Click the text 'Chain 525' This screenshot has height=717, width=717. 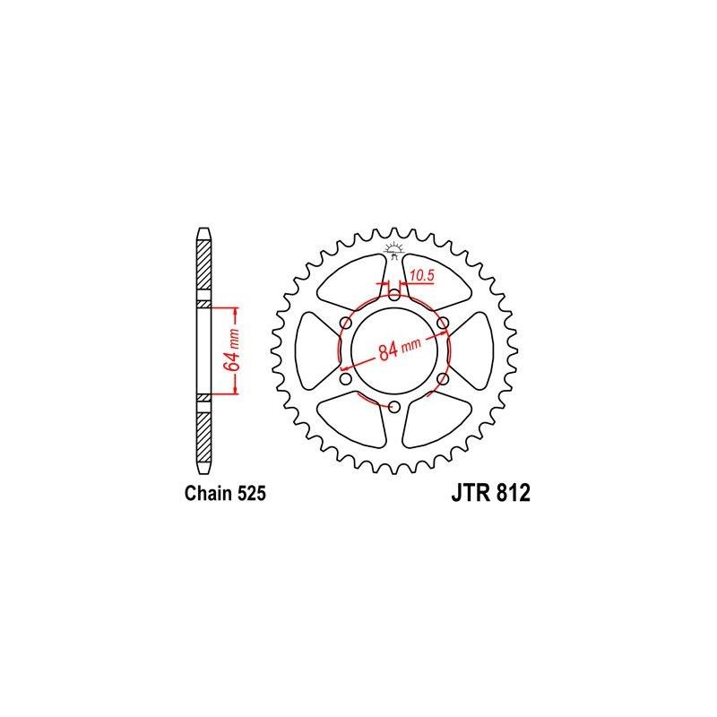[226, 493]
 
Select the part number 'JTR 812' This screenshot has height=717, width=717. [485, 493]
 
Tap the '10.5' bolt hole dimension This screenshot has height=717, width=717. [421, 277]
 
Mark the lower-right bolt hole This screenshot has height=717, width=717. [443, 378]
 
